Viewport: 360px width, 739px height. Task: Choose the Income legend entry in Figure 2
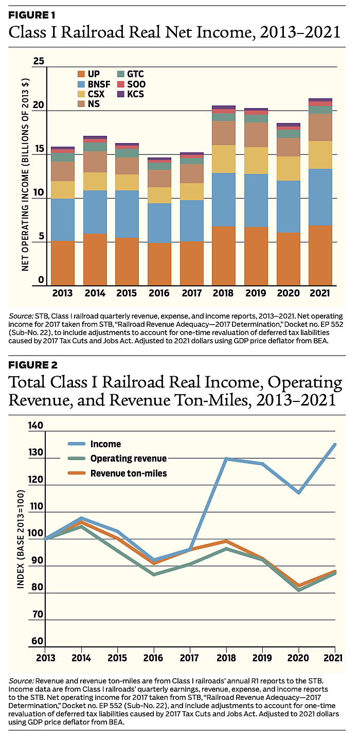pos(105,444)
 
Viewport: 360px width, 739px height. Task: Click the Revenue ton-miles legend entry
pos(129,473)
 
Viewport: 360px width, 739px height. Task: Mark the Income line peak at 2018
pos(227,459)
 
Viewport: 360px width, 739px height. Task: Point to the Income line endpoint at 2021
pos(335,444)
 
